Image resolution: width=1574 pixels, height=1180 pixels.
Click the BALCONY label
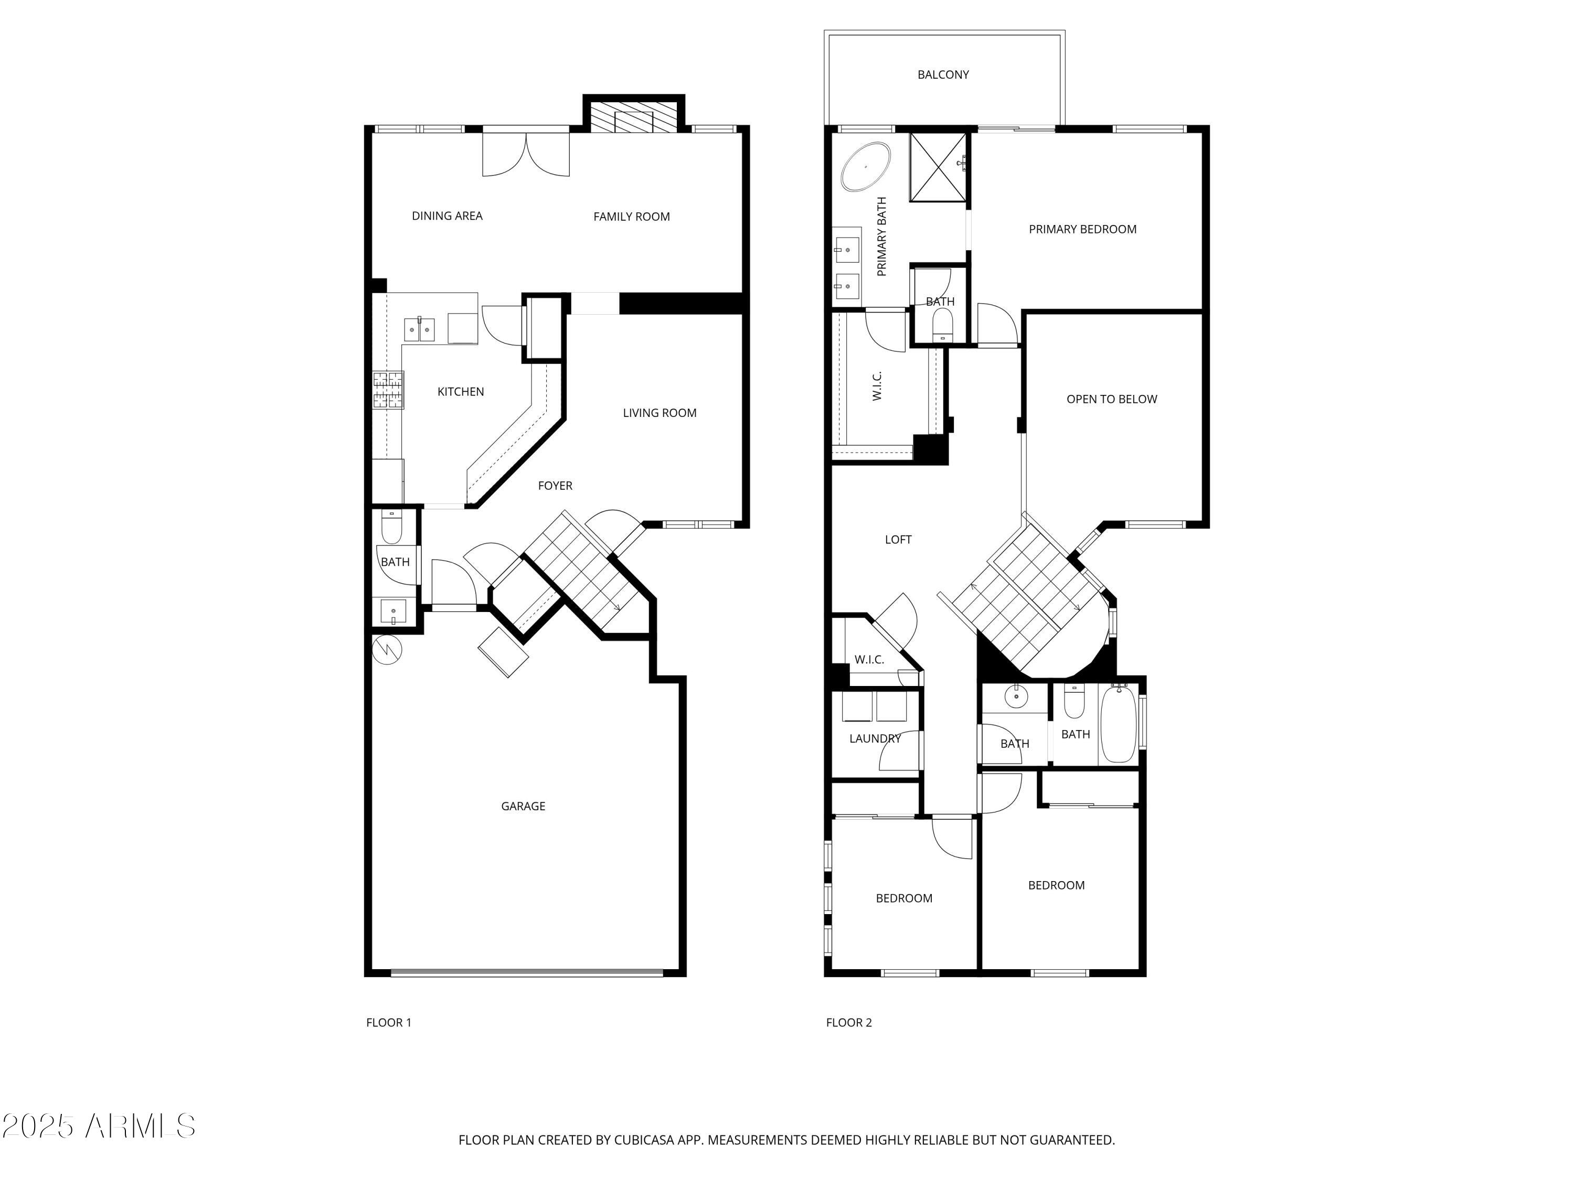point(943,74)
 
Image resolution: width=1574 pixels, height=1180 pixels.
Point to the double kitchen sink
point(419,330)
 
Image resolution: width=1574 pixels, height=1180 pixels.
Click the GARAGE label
point(523,806)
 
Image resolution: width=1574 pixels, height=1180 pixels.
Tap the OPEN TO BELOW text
point(1111,399)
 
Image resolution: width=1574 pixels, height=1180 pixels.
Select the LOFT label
point(898,540)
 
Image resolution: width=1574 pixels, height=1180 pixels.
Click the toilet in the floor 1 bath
point(391,527)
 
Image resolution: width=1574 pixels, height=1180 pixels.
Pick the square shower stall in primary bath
point(938,167)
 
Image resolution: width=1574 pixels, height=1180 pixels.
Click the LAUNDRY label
point(875,738)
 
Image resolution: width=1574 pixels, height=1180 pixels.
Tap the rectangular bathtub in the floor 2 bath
point(1118,723)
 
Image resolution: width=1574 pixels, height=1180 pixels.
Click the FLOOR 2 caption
point(848,1023)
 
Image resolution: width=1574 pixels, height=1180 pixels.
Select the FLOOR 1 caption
point(389,1023)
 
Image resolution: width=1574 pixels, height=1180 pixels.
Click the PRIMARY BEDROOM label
point(1082,229)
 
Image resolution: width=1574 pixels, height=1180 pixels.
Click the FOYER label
point(555,486)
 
